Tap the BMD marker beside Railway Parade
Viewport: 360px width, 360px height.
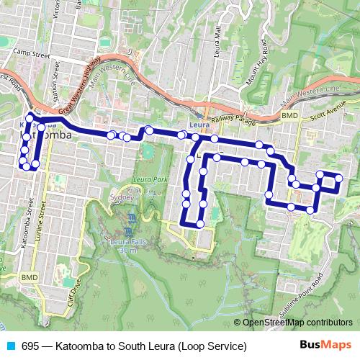pos(289,115)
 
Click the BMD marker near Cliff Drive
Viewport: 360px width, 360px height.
pos(30,276)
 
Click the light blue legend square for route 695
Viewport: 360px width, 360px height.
pos(10,346)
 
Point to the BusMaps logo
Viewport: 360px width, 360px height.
pos(325,346)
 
